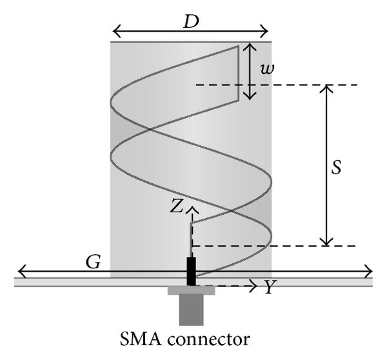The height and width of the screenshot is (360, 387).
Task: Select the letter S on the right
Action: pos(335,167)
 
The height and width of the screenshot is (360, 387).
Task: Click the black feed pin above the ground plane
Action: pos(191,271)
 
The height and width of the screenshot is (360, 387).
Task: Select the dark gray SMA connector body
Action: pos(191,310)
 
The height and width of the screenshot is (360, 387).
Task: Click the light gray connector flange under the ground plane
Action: pos(191,291)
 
